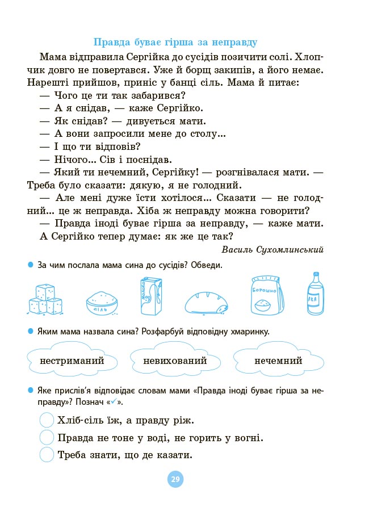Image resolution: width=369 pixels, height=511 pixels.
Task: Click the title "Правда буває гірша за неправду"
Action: pyautogui.click(x=175, y=42)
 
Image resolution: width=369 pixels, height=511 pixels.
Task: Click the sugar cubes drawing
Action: pyautogui.click(x=45, y=299)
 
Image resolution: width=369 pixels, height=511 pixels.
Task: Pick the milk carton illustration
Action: pyautogui.click(x=150, y=296)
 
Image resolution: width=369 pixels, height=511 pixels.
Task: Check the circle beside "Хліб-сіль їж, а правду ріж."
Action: pyautogui.click(x=47, y=421)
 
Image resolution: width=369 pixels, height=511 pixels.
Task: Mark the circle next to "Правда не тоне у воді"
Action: pyautogui.click(x=47, y=438)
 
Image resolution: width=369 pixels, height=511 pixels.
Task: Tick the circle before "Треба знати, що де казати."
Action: pyautogui.click(x=47, y=455)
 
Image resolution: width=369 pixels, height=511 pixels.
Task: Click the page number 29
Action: pyautogui.click(x=175, y=479)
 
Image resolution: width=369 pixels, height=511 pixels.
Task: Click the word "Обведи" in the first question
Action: pyautogui.click(x=207, y=266)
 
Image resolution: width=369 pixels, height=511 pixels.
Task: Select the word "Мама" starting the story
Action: pyautogui.click(x=54, y=57)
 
